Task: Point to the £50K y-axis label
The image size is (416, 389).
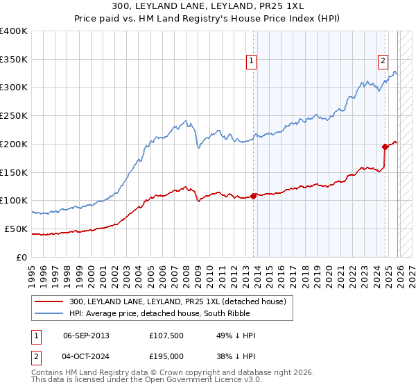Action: [16, 229]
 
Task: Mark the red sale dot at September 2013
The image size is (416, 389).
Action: [253, 196]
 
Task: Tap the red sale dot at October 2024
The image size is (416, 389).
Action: [385, 147]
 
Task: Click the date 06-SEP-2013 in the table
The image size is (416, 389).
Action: [85, 336]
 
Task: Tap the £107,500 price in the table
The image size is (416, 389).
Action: [166, 336]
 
